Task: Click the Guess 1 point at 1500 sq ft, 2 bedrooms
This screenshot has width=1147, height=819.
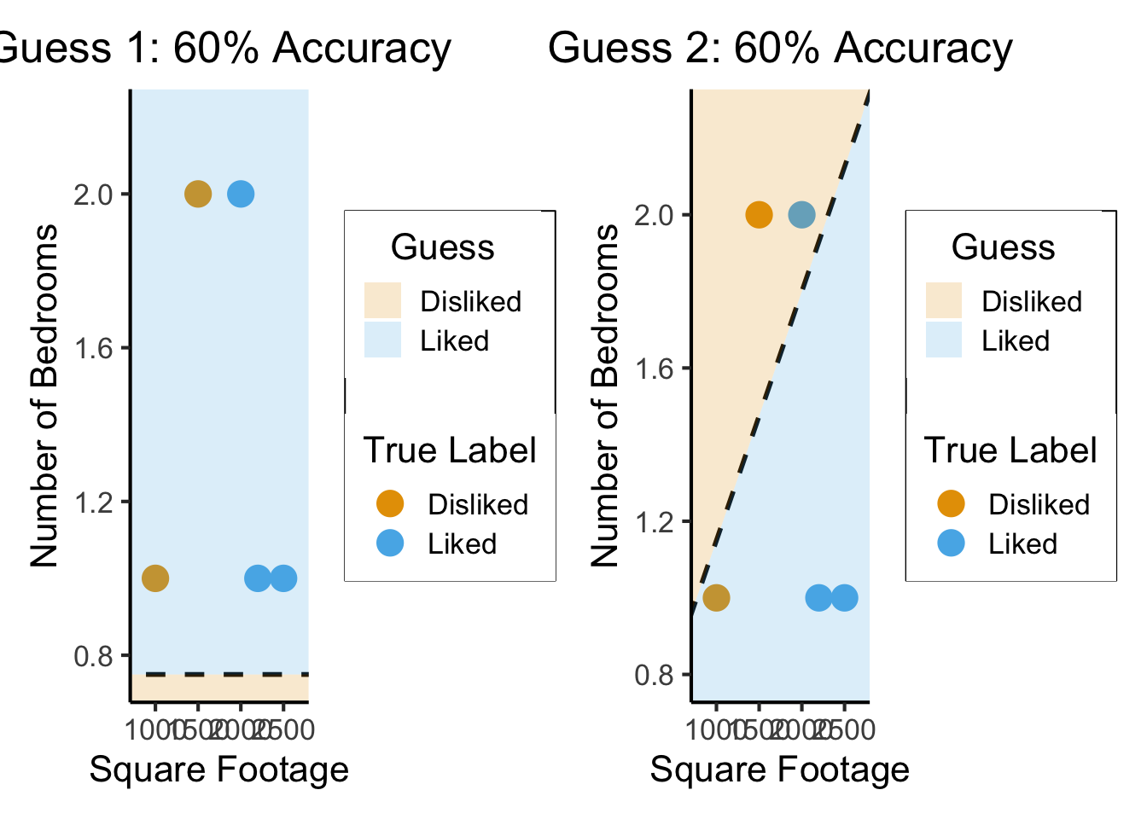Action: (197, 194)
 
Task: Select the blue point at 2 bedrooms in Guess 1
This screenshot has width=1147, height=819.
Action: (241, 194)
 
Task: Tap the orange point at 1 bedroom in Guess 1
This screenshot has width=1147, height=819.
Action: (154, 578)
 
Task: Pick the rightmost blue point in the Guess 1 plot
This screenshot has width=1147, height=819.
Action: (283, 578)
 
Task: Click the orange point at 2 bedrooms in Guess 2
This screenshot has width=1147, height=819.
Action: (759, 214)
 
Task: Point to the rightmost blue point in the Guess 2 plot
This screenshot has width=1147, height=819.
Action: (844, 598)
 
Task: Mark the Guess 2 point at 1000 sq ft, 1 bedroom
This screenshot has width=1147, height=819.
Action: (716, 598)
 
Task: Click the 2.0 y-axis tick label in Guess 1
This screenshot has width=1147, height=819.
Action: (93, 195)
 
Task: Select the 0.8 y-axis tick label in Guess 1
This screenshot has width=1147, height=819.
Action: (93, 656)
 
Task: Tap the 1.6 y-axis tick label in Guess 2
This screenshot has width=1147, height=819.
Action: (654, 369)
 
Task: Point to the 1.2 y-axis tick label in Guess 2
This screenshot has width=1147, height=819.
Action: (654, 522)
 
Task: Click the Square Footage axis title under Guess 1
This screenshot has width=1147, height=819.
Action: (219, 770)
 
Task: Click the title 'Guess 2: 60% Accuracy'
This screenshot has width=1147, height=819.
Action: (780, 48)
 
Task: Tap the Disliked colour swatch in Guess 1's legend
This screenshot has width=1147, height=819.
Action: (382, 301)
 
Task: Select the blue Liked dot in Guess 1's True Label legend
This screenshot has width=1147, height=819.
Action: (390, 543)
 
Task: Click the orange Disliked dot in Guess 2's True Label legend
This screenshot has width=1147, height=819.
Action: (951, 504)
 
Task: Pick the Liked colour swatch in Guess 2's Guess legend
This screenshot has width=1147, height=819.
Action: (943, 340)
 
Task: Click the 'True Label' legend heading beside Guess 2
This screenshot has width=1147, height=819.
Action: (1010, 450)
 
